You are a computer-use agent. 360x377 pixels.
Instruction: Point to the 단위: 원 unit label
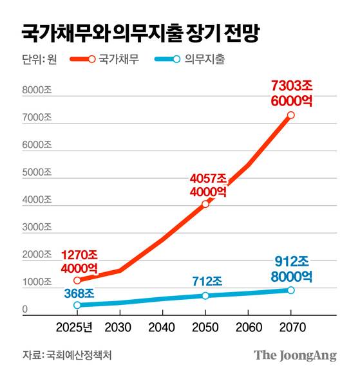40,60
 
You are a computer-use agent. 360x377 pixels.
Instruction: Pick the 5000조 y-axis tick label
37,172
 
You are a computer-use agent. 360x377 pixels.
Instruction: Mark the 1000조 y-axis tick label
37,282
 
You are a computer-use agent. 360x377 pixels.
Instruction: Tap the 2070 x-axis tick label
290,327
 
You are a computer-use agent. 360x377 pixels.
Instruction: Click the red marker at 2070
291,115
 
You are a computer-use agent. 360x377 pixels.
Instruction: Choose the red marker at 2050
205,204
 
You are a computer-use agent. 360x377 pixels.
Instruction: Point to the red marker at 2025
77,280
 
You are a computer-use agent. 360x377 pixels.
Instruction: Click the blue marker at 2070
291,290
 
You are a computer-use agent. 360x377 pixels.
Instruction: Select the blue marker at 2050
205,295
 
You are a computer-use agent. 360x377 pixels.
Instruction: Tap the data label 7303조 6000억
291,93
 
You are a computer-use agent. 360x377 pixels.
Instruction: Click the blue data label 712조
207,281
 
